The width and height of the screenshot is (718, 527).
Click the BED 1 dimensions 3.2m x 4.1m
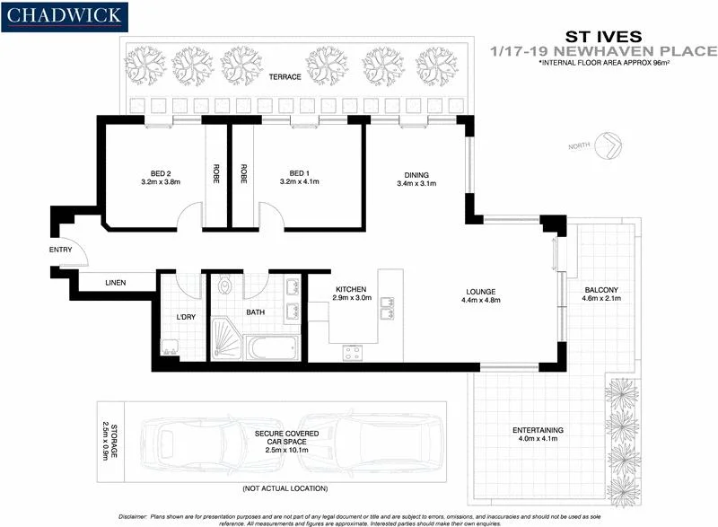point(299,182)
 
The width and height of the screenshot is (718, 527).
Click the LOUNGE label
point(480,291)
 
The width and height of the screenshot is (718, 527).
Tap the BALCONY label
point(601,289)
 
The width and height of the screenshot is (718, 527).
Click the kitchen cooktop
point(351,352)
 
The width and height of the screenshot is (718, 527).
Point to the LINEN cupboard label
point(115,283)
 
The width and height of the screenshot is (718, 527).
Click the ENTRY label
point(60,250)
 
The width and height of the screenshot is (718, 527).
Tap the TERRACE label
point(285,77)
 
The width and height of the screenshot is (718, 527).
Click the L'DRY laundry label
point(185,317)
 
